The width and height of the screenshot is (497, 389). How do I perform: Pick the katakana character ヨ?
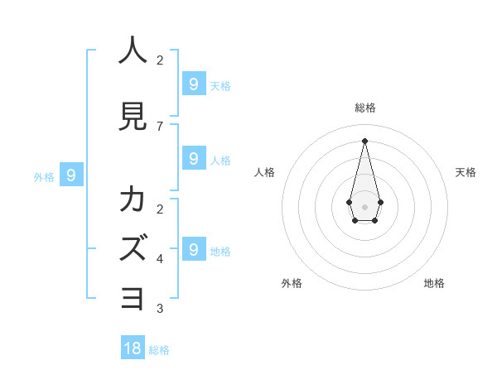pos(133,298)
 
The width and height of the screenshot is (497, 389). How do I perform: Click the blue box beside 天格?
pos(193,84)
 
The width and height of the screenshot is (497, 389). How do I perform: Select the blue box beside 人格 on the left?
pos(193,158)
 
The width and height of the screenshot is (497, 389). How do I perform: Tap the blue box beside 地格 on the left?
pos(193,249)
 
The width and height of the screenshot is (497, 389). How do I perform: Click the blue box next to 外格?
pos(71,175)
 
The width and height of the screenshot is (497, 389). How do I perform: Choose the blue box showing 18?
pos(133,348)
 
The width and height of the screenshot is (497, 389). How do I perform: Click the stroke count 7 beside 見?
pos(160,127)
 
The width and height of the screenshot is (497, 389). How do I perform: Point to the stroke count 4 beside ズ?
pos(160,259)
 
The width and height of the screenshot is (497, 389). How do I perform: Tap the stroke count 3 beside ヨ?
pos(160,309)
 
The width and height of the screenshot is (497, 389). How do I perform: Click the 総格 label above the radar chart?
pos(364,108)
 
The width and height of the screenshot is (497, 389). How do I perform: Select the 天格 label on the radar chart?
pos(466,172)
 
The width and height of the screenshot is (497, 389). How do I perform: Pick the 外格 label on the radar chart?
pos(292,283)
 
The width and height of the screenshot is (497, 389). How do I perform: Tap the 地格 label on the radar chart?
pos(434,283)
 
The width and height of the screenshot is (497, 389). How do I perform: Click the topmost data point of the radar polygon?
pos(364,141)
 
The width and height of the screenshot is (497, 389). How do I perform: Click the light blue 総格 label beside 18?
pos(159,350)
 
